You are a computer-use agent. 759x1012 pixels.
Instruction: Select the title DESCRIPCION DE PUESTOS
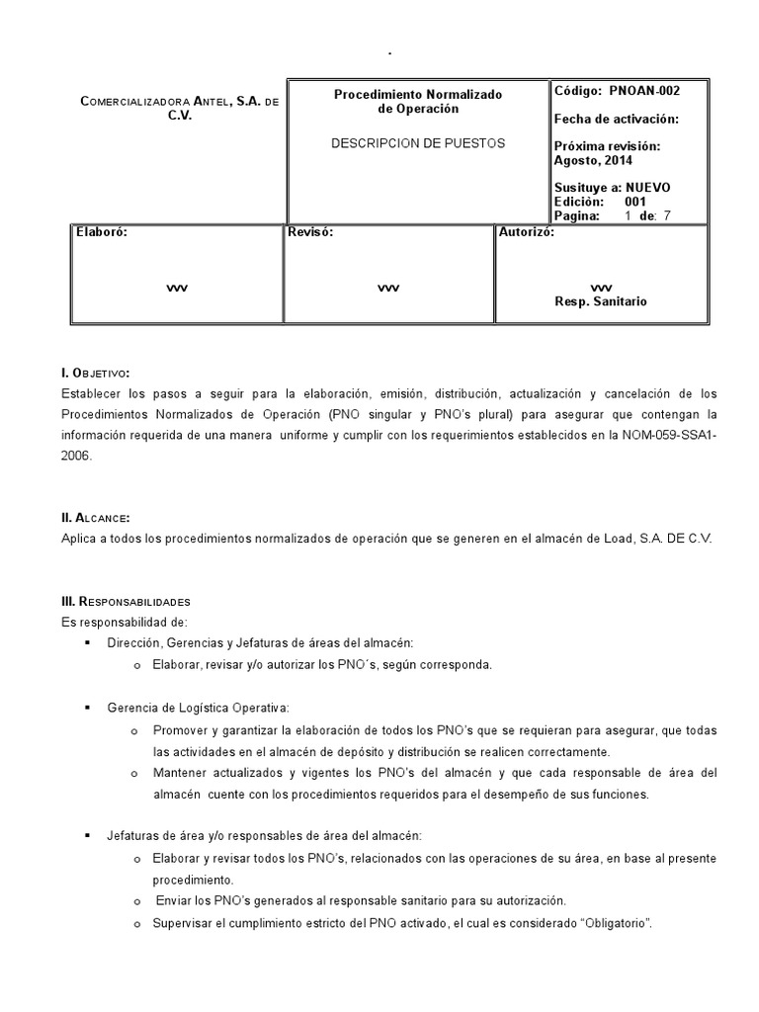[x=418, y=143]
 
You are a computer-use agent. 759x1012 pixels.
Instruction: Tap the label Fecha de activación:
[x=616, y=120]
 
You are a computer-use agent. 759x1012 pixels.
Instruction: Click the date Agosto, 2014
[x=594, y=161]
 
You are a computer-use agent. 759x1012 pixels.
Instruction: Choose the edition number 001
[x=635, y=202]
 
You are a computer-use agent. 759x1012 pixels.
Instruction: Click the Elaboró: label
[x=102, y=233]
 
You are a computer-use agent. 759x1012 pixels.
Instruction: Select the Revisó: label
[x=309, y=233]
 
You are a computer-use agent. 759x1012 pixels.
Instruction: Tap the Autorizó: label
[x=527, y=233]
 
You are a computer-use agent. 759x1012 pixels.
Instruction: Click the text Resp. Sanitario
[x=601, y=301]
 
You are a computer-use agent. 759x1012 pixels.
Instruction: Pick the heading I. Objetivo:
[x=96, y=373]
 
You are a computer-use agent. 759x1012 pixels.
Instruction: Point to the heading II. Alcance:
[x=95, y=518]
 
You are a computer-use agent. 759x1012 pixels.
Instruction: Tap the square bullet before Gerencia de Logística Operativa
[x=88, y=708]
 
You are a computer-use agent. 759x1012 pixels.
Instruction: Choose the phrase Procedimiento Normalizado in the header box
[x=418, y=95]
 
